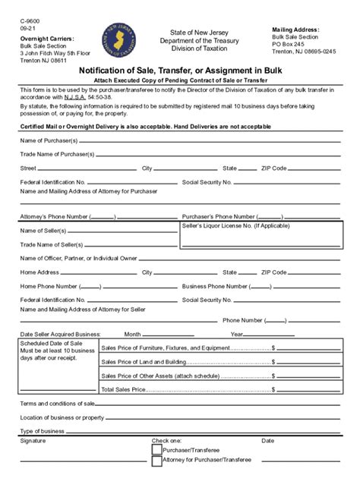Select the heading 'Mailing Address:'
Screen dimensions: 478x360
(295, 30)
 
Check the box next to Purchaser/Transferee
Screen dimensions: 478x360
(157, 449)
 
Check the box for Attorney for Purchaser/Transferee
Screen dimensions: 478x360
(157, 461)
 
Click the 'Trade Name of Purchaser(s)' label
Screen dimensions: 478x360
(57, 155)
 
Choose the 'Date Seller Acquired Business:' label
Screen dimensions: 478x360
(60, 334)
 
